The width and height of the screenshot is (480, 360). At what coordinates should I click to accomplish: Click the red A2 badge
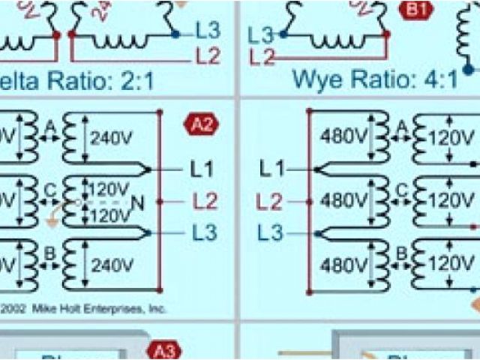[200, 125]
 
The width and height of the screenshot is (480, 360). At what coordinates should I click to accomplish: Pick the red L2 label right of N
[204, 201]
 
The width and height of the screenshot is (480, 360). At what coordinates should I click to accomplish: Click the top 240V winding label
[112, 138]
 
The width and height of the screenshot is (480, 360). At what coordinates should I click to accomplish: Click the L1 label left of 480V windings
[273, 169]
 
